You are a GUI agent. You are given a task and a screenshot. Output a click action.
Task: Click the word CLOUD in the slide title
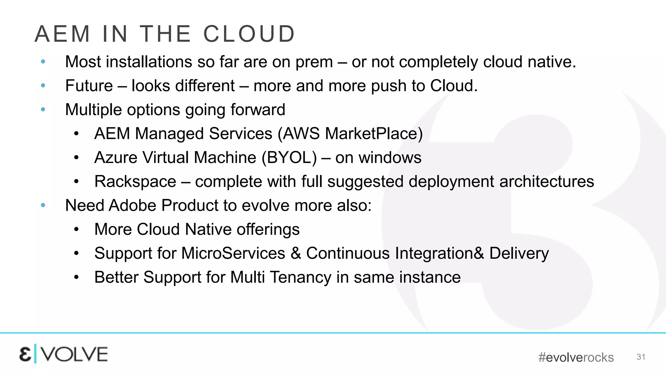[x=249, y=34]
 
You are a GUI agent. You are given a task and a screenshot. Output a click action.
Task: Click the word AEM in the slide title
[x=62, y=34]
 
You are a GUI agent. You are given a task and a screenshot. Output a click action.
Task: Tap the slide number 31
[x=641, y=357]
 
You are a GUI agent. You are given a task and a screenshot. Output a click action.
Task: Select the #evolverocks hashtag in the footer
[x=576, y=357]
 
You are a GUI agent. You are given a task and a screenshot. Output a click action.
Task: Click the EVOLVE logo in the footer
[x=63, y=354]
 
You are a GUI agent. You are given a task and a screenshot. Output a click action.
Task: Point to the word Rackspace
[x=135, y=181]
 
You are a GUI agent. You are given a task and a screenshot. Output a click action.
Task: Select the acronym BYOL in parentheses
[x=289, y=157]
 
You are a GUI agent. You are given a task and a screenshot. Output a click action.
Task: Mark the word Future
[x=89, y=86]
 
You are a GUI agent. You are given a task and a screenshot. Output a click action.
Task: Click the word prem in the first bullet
[x=314, y=62]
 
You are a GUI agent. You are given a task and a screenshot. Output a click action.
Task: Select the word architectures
[x=547, y=181]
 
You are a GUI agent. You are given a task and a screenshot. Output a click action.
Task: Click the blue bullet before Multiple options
[x=43, y=110]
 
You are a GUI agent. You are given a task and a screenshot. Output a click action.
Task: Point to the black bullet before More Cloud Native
[x=76, y=230]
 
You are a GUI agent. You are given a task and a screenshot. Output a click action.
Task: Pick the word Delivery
[x=519, y=253]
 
